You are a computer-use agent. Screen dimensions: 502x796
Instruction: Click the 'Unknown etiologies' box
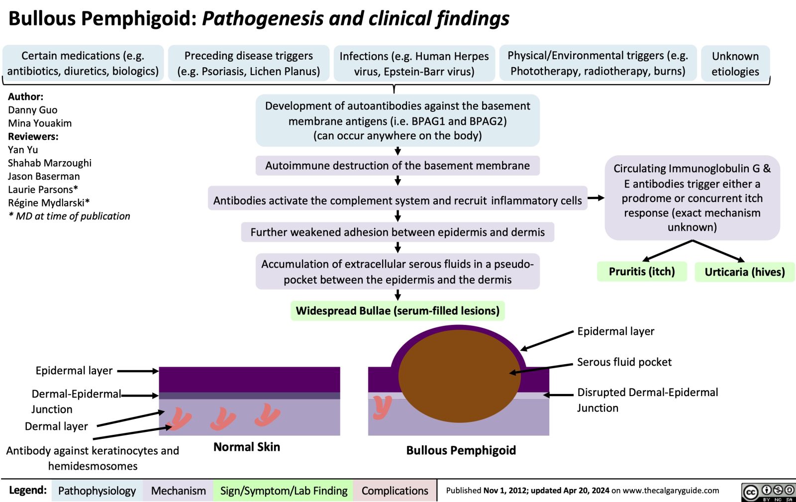coord(735,64)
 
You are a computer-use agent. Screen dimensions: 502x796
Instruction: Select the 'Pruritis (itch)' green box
coord(642,272)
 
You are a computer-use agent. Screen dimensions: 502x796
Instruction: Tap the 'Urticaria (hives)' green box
coord(744,272)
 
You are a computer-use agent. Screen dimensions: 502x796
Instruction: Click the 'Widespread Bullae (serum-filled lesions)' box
coord(398,311)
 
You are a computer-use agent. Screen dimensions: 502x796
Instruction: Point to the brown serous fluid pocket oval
coord(459,376)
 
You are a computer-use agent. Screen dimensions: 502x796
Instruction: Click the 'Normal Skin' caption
coord(247,447)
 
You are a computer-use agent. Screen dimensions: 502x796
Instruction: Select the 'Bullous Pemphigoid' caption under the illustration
coord(461,451)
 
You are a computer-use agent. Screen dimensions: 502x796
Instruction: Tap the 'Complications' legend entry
coord(395,491)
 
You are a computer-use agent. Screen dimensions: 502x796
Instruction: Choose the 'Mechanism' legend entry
coord(178,491)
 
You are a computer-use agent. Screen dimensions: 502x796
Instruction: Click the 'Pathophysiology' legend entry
coord(97,491)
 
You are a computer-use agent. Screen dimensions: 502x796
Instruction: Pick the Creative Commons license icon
coord(768,492)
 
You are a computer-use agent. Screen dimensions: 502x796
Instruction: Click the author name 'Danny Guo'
coord(33,110)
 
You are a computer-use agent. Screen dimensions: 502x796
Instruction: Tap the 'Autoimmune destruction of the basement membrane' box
coord(398,166)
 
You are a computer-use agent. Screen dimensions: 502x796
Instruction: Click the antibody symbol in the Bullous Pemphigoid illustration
coord(383,406)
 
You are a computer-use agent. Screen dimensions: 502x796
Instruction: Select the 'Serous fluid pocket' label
coord(624,362)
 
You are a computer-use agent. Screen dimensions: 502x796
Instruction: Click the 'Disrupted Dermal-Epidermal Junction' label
coord(647,400)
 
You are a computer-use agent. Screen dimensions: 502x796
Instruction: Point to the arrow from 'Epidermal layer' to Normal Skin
coord(138,371)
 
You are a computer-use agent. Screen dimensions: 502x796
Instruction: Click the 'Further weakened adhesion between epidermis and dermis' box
coord(398,232)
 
